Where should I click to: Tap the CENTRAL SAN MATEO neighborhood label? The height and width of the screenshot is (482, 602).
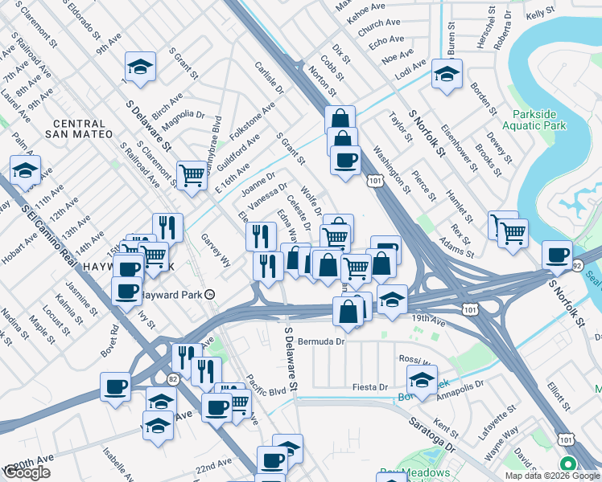pyautogui.click(x=79, y=128)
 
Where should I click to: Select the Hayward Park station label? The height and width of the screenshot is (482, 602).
pyautogui.click(x=175, y=295)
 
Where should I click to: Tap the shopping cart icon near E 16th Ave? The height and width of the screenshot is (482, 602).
pyautogui.click(x=192, y=174)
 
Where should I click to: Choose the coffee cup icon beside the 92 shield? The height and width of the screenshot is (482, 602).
pyautogui.click(x=557, y=255)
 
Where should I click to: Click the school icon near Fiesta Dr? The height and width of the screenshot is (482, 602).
pyautogui.click(x=422, y=379)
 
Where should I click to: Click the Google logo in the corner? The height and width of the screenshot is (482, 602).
pyautogui.click(x=27, y=472)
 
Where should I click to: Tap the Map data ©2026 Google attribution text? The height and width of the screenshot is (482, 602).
pyautogui.click(x=551, y=476)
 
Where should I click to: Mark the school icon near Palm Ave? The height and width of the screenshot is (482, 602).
pyautogui.click(x=26, y=170)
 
